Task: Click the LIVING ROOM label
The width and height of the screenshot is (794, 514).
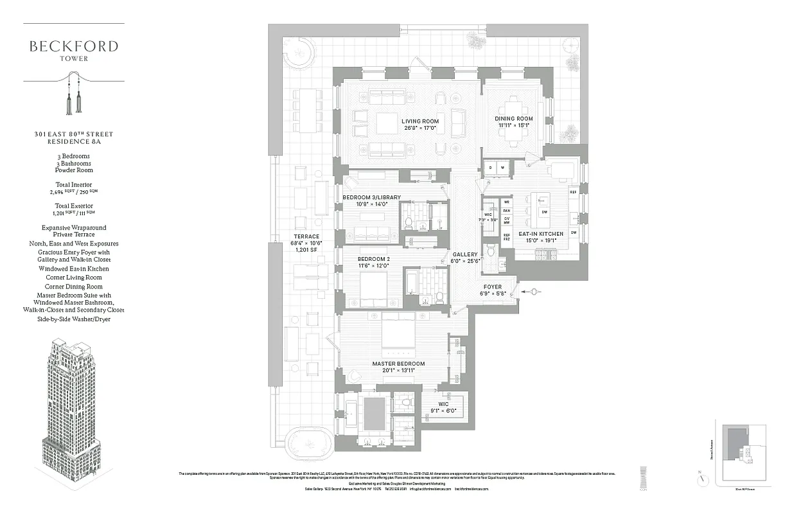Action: pyautogui.click(x=420, y=121)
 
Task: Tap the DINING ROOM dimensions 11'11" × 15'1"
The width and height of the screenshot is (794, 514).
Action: pyautogui.click(x=514, y=126)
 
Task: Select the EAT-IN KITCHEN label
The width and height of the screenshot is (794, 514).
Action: pyautogui.click(x=541, y=234)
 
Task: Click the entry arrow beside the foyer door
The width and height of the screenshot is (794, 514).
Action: pyautogui.click(x=533, y=292)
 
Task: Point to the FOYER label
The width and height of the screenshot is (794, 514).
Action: pyautogui.click(x=493, y=286)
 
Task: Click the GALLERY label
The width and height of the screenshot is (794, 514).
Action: pyautogui.click(x=464, y=254)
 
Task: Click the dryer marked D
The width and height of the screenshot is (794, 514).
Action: pyautogui.click(x=491, y=168)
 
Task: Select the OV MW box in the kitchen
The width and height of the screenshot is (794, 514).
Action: pyautogui.click(x=506, y=220)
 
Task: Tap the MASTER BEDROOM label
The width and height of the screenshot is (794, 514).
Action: pyautogui.click(x=398, y=364)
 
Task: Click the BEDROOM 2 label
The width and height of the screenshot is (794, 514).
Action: pyautogui.click(x=374, y=259)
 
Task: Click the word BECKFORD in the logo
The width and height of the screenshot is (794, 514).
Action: pyautogui.click(x=74, y=46)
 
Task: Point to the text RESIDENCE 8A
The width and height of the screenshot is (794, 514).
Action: pyautogui.click(x=74, y=141)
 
